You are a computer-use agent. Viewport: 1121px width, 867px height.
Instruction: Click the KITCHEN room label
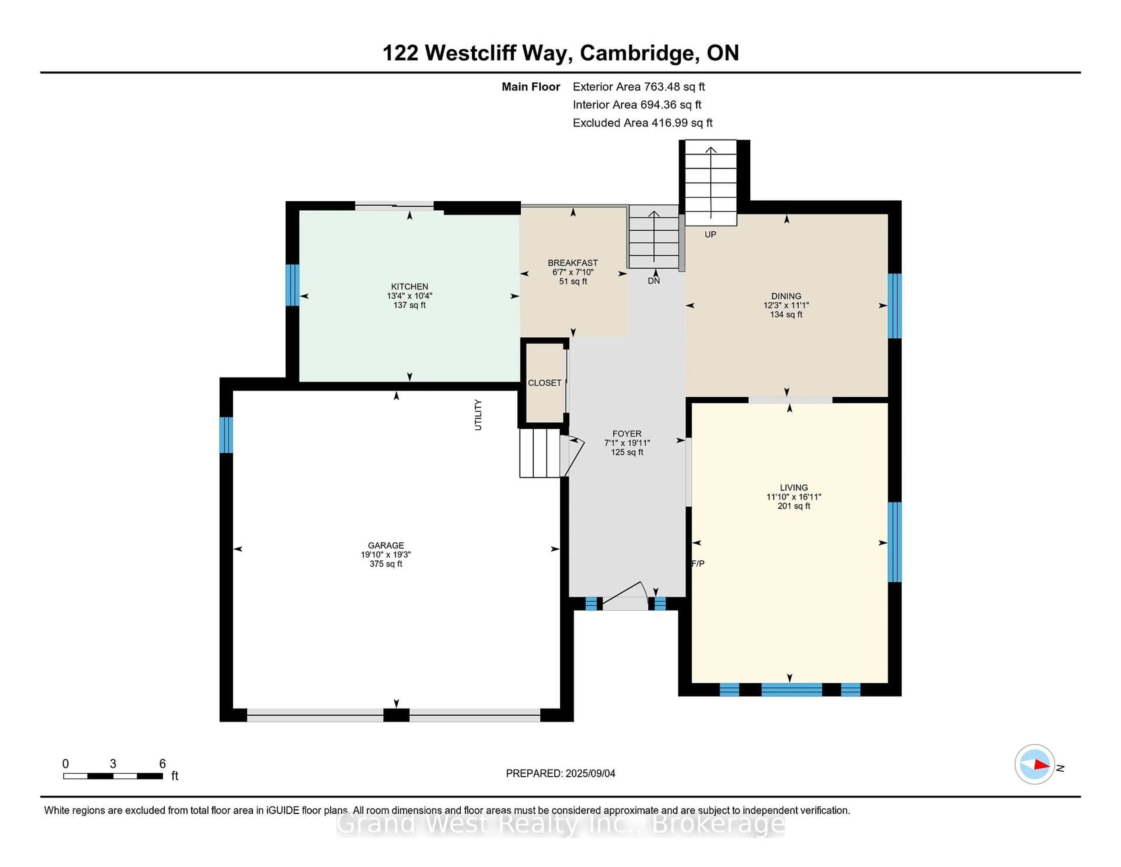pos(410,287)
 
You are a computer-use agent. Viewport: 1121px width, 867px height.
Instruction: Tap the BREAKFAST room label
pos(573,263)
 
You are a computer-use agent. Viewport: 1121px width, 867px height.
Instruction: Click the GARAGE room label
pos(386,545)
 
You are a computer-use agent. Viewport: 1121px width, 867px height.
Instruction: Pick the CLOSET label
pos(544,383)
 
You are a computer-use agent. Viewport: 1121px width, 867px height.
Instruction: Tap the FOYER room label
pos(627,434)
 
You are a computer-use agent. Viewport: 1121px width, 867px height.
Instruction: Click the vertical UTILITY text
pos(478,415)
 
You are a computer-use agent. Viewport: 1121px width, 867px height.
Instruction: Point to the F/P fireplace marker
pos(698,563)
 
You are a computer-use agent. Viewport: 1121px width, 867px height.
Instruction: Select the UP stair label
pos(710,235)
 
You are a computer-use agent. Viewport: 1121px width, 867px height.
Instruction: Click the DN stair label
pos(654,281)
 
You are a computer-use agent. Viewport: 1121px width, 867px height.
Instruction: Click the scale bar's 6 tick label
pos(162,764)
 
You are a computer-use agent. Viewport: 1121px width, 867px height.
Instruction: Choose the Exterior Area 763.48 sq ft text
pos(639,87)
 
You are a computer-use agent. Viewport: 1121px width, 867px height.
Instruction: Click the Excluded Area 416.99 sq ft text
pos(643,123)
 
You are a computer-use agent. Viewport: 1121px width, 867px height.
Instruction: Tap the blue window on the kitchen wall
pos(293,285)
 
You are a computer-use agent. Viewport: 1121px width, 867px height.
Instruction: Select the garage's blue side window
pos(226,435)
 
